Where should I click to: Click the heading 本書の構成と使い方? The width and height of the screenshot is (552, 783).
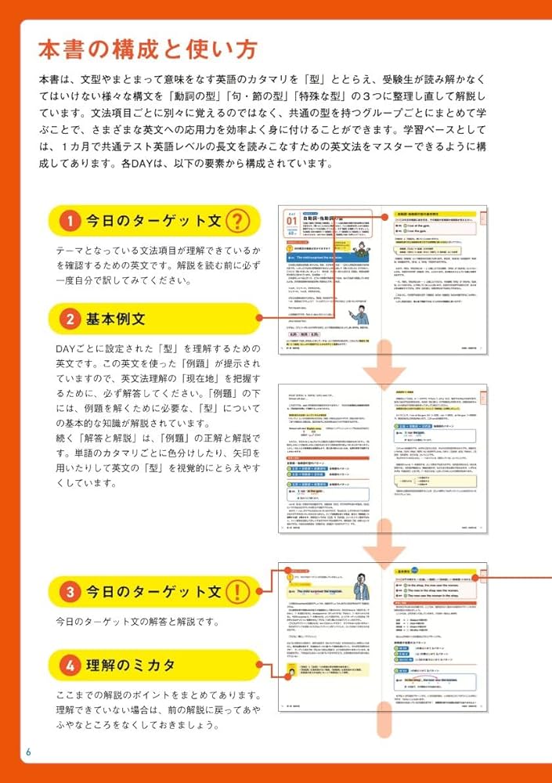pyautogui.click(x=147, y=50)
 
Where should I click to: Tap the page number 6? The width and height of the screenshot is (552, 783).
pyautogui.click(x=29, y=752)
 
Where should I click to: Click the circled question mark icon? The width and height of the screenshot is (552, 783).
pyautogui.click(x=238, y=222)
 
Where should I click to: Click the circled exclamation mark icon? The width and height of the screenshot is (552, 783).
pyautogui.click(x=238, y=590)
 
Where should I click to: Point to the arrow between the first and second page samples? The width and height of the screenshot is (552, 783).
pyautogui.click(x=384, y=367)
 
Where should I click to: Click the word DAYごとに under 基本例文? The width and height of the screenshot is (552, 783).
pyautogui.click(x=78, y=348)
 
